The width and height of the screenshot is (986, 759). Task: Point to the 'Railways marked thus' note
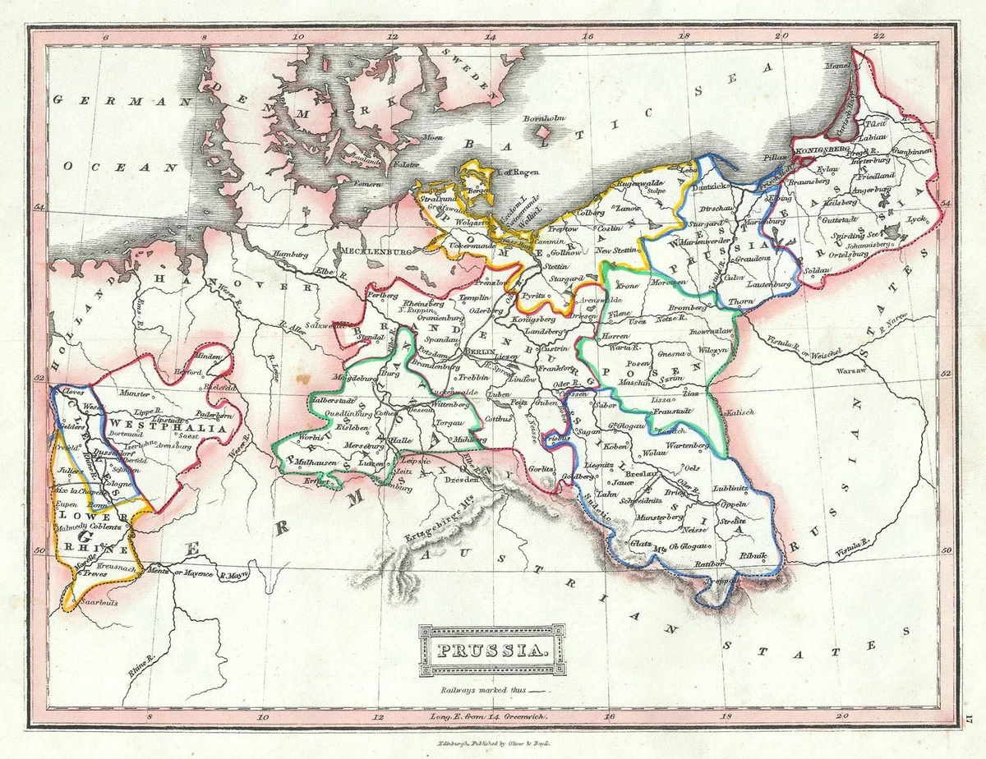(485, 691)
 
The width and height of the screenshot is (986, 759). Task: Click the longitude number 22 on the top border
(879, 36)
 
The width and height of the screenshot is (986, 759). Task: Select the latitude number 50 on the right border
(946, 551)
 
